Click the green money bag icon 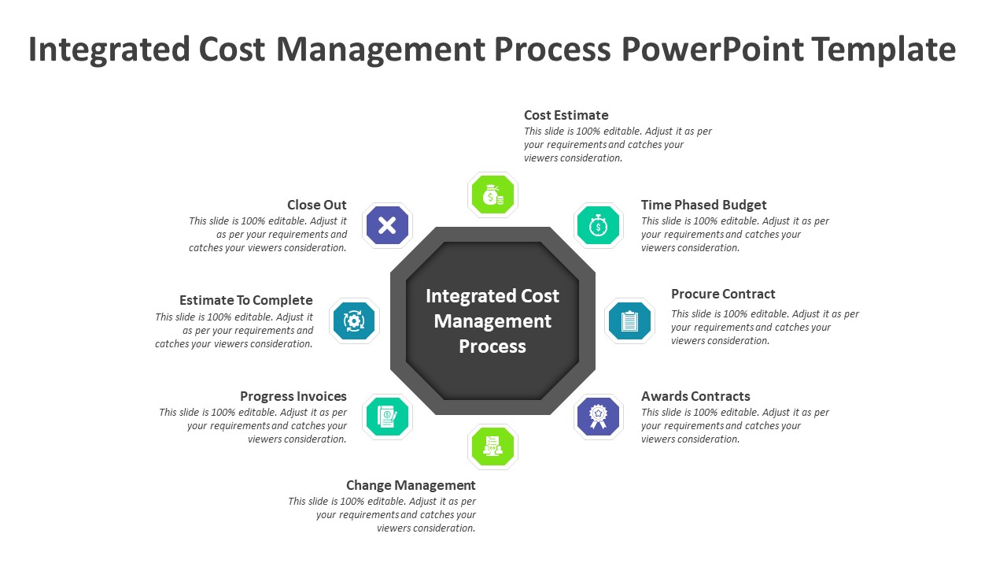(x=492, y=195)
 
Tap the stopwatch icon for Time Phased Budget (x=598, y=226)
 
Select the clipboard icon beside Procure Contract (x=629, y=321)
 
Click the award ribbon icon (x=599, y=416)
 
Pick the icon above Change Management (x=492, y=447)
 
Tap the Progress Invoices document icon (x=387, y=416)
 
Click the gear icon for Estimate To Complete (x=354, y=321)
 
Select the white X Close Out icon (x=387, y=226)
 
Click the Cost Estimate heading (x=566, y=115)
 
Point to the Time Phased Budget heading (x=703, y=205)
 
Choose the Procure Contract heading (x=723, y=294)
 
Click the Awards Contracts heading (x=695, y=396)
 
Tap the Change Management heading (x=411, y=485)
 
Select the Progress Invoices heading (x=293, y=396)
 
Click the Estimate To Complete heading (x=246, y=300)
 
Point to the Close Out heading (x=317, y=205)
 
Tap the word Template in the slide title (x=883, y=50)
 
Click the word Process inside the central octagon (x=492, y=346)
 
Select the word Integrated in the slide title (x=109, y=50)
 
